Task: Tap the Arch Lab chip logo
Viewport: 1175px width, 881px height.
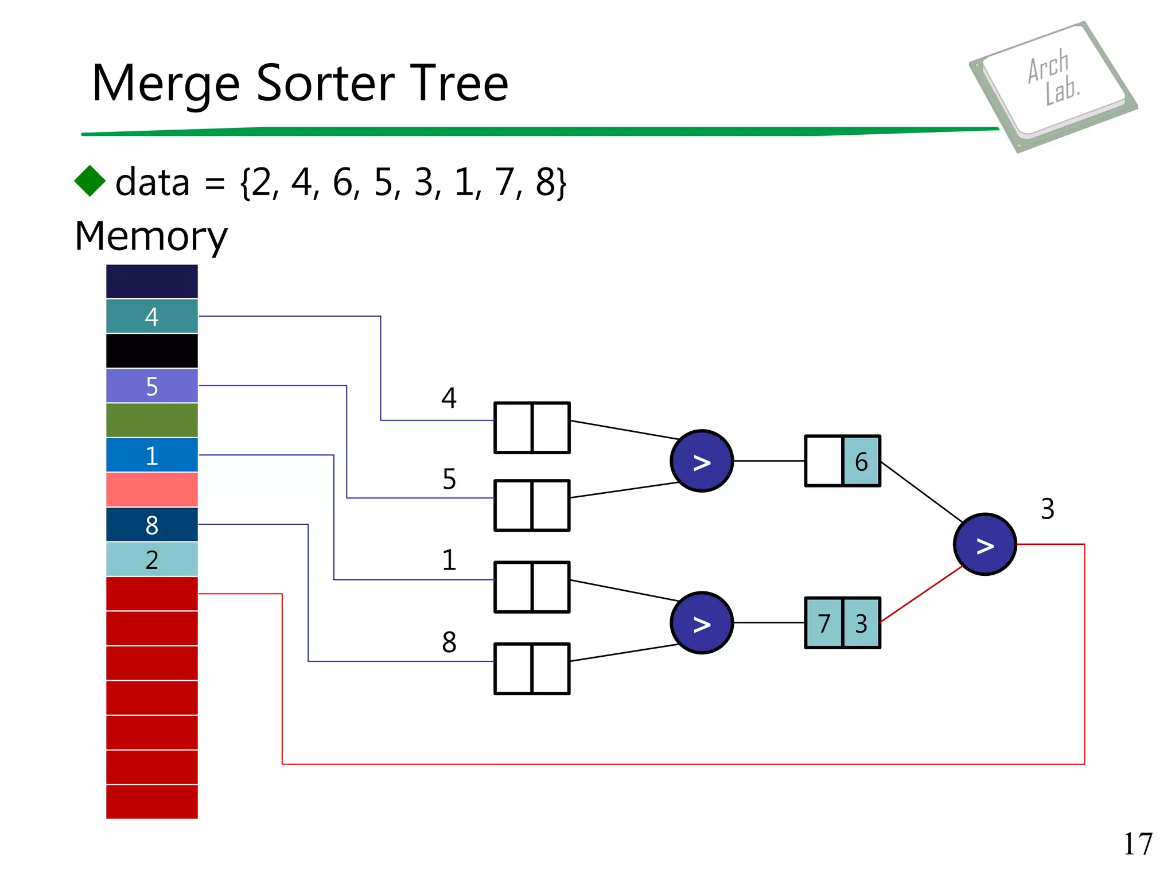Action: (1053, 86)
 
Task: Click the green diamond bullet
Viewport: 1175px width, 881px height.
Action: (90, 181)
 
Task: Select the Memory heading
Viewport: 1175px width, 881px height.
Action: (151, 236)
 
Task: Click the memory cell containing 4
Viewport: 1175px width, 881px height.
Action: (151, 317)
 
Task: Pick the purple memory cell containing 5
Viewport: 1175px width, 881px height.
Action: (151, 386)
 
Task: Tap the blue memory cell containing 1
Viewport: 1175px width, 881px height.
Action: (151, 455)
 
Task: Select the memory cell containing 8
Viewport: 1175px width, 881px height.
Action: (151, 525)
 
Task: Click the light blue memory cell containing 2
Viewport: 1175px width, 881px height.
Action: (151, 559)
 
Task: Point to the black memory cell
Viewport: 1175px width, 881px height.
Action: (151, 351)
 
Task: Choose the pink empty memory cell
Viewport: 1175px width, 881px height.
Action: (151, 490)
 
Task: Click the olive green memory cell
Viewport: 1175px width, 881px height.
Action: (151, 420)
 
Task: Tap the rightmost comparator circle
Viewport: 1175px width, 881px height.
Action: (985, 544)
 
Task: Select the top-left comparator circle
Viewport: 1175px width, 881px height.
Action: (701, 461)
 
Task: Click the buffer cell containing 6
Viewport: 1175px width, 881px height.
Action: (861, 461)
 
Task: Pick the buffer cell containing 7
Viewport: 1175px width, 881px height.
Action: (824, 623)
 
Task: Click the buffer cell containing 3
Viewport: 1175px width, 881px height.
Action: (861, 623)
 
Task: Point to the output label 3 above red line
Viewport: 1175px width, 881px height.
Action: (1047, 509)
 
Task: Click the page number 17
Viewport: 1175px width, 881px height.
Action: (1137, 844)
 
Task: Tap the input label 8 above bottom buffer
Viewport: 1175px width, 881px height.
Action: (449, 642)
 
